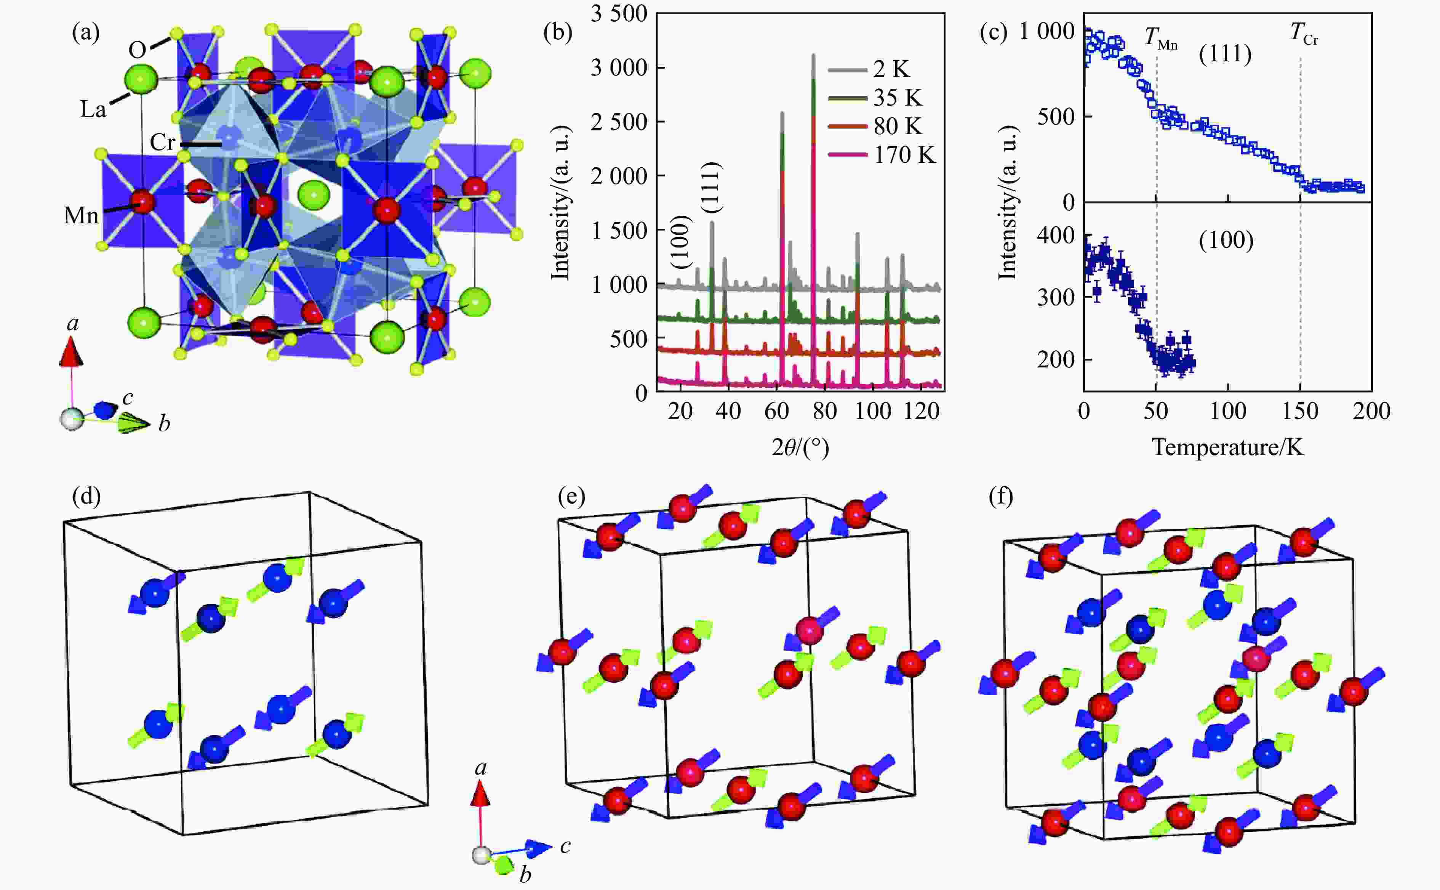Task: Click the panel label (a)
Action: [x=86, y=32]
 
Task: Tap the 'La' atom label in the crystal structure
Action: [x=93, y=109]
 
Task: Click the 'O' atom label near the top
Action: [x=137, y=50]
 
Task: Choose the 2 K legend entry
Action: [x=891, y=69]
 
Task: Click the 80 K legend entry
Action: [x=898, y=127]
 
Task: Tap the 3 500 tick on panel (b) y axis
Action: [x=619, y=14]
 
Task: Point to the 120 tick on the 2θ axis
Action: [x=921, y=411]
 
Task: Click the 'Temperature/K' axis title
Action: [x=1228, y=448]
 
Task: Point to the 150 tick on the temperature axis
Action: [x=1300, y=411]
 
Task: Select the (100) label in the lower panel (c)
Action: [x=1226, y=240]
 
